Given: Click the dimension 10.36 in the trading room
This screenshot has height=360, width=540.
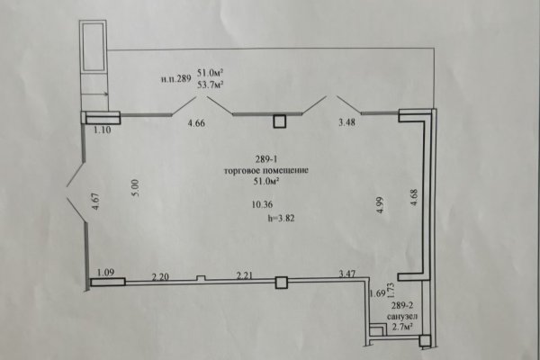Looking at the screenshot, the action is pyautogui.click(x=262, y=204).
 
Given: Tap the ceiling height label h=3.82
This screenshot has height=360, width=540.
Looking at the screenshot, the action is pyautogui.click(x=281, y=218).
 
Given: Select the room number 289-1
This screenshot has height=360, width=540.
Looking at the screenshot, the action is pyautogui.click(x=266, y=159).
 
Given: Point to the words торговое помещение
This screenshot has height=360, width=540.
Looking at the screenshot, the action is pyautogui.click(x=266, y=170).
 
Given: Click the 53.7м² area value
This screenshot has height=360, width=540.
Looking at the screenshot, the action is pyautogui.click(x=211, y=84).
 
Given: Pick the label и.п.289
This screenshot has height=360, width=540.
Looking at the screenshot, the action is pyautogui.click(x=176, y=79).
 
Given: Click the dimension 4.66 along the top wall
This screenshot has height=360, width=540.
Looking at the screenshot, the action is pyautogui.click(x=196, y=123).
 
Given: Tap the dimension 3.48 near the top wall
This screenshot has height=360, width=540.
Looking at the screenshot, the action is pyautogui.click(x=346, y=122).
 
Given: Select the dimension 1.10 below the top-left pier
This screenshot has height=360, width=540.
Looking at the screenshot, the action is pyautogui.click(x=103, y=130).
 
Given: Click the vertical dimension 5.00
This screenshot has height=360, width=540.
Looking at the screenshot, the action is pyautogui.click(x=135, y=188).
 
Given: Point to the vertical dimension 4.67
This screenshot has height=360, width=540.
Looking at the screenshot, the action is pyautogui.click(x=95, y=202).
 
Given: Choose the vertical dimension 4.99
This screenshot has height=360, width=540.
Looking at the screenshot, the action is pyautogui.click(x=380, y=205).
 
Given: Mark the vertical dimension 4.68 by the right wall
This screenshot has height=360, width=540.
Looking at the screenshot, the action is pyautogui.click(x=414, y=197).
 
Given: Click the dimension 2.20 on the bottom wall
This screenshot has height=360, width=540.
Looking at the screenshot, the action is pyautogui.click(x=160, y=276).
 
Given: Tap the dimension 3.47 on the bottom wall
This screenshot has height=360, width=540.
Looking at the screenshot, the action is pyautogui.click(x=347, y=274).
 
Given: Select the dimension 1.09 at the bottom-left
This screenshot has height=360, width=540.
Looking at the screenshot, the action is pyautogui.click(x=105, y=273).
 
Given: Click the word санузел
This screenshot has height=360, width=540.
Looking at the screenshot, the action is pyautogui.click(x=402, y=316).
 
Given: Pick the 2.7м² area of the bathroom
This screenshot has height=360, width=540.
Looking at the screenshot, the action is pyautogui.click(x=402, y=327).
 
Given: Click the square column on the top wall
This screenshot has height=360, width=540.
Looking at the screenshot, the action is pyautogui.click(x=280, y=121).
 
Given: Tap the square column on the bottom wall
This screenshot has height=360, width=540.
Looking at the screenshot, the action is pyautogui.click(x=282, y=283).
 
